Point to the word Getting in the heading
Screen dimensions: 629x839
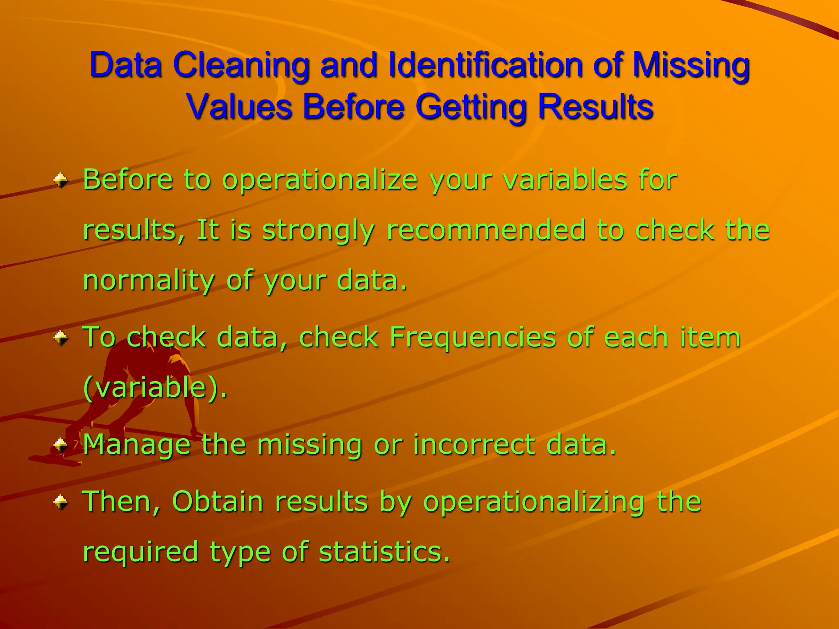pos(471,107)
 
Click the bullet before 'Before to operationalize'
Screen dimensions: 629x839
pos(61,179)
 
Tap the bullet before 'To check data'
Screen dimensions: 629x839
pos(61,337)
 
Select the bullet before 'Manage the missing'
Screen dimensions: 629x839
pos(61,444)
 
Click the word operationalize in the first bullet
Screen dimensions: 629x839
pos(320,180)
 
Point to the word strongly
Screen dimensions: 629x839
pos(318,231)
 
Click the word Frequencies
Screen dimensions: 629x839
pos(472,338)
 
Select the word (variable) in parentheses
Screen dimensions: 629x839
pos(154,387)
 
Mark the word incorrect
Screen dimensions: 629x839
pos(474,444)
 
